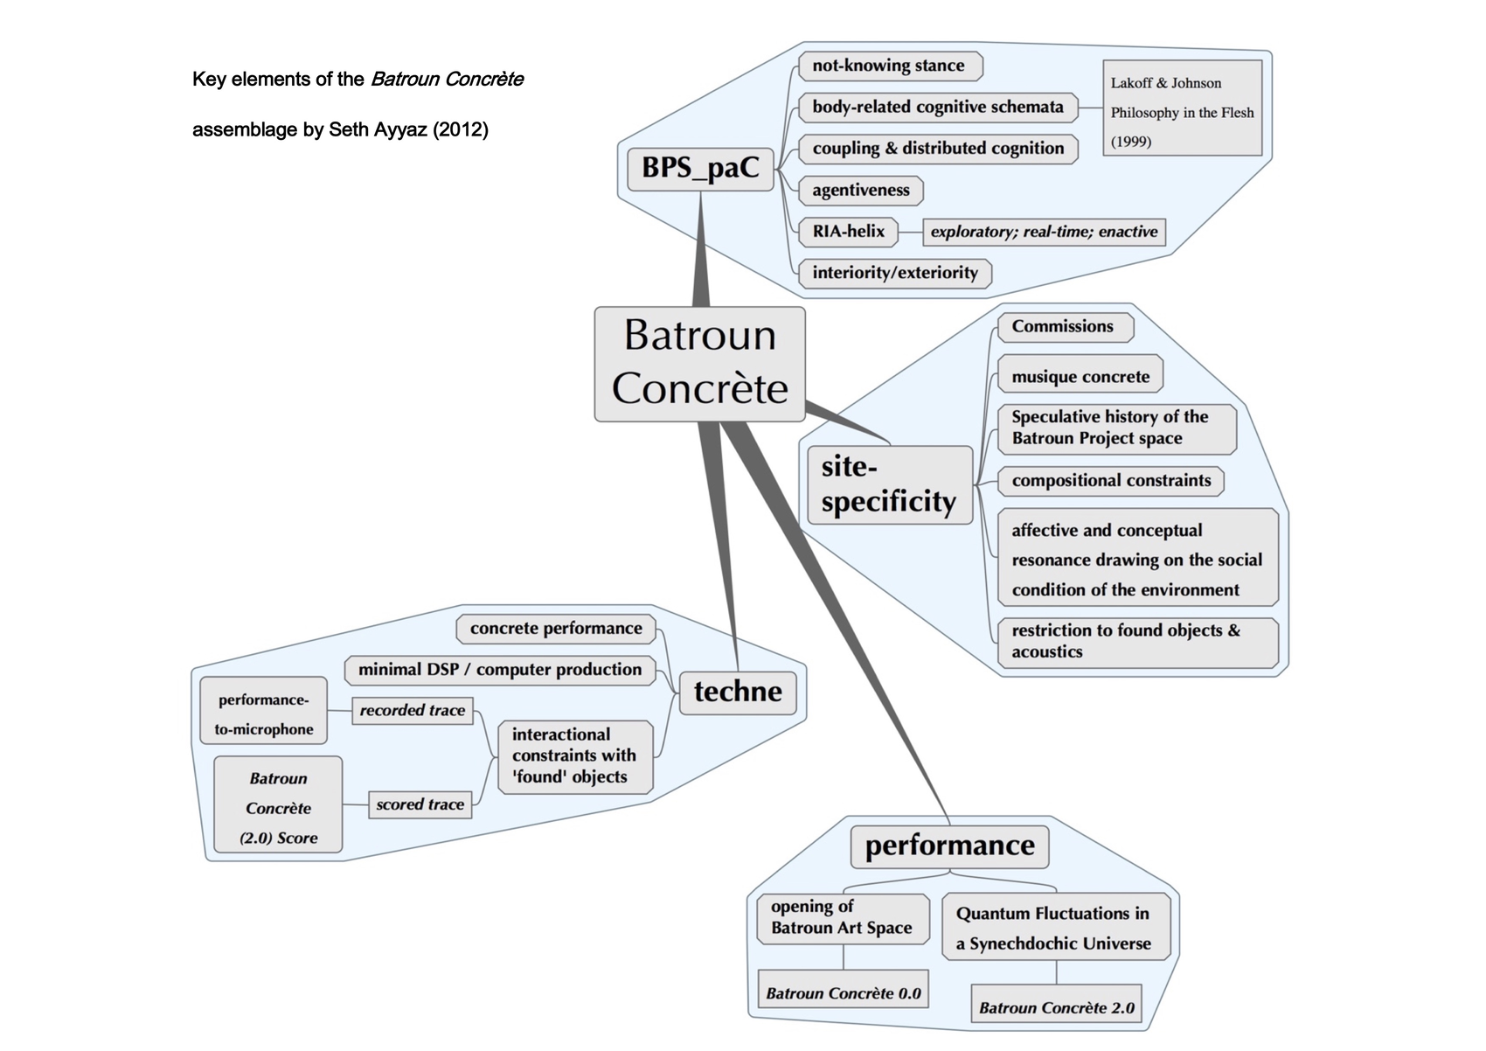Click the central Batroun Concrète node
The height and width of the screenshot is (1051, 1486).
point(699,364)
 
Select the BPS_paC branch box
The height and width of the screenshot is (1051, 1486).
point(700,169)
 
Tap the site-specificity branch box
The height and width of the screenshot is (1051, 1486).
point(889,485)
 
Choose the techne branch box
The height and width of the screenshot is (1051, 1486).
point(738,693)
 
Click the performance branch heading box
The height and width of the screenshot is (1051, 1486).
point(949,846)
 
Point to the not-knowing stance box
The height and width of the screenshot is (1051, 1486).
point(889,66)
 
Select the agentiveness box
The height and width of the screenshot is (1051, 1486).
point(861,191)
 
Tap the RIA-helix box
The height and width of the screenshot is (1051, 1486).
point(848,232)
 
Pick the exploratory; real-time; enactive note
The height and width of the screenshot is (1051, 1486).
point(1044,232)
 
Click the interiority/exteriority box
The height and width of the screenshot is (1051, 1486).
point(895,273)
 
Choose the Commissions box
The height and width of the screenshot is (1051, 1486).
point(1064,327)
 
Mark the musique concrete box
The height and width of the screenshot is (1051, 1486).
point(1080,377)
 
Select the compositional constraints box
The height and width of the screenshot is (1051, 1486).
point(1111,481)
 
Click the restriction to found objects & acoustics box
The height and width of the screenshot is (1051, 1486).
point(1137,642)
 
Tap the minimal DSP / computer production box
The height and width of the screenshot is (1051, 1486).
point(500,670)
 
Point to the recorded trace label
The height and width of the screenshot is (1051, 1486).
point(412,711)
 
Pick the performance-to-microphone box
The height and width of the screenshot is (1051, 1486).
point(264,714)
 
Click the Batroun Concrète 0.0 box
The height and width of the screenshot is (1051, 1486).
point(843,993)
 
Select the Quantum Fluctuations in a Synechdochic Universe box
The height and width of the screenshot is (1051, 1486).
point(1055,928)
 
